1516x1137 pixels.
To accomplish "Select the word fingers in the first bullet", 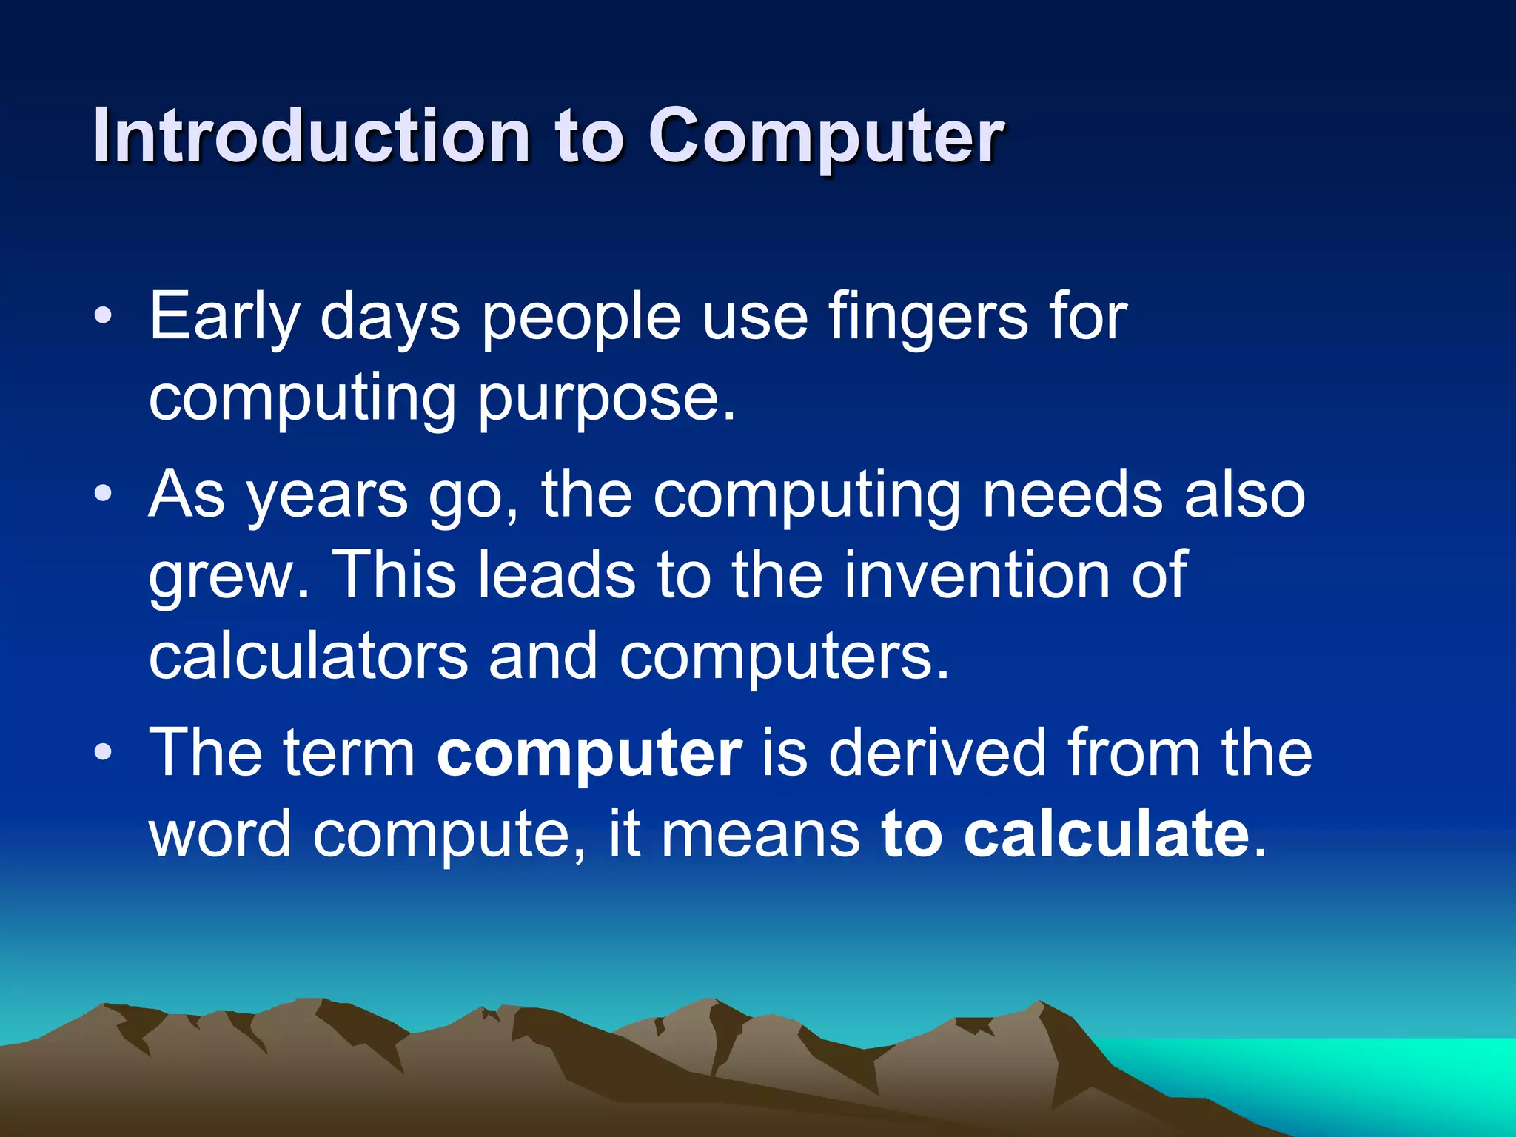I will pyautogui.click(x=928, y=317).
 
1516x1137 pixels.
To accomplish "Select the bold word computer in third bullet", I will pyautogui.click(x=589, y=753).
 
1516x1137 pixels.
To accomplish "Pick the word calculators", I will pyautogui.click(x=308, y=657).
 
